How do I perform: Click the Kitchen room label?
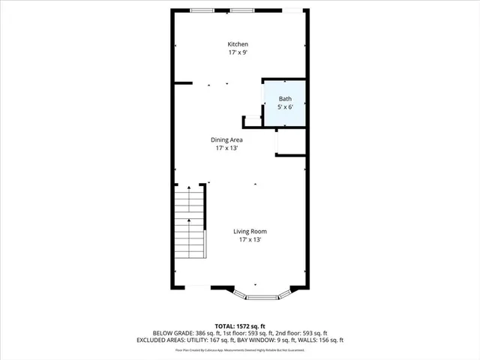point(238,44)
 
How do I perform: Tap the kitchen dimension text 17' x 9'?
point(238,53)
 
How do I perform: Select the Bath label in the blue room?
point(285,99)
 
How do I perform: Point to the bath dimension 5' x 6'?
point(285,108)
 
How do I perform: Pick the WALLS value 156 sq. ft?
point(329,340)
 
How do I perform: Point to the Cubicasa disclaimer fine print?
point(240,349)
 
